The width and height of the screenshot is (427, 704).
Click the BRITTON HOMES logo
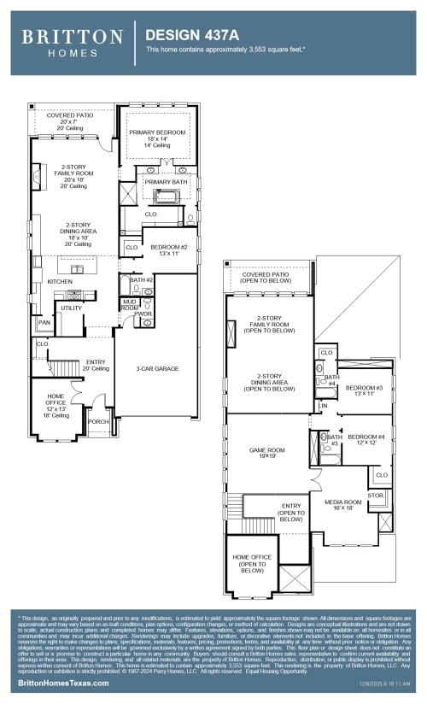tap(72, 42)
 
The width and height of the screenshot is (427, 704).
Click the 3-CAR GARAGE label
tap(157, 368)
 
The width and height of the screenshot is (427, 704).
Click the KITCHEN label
tap(60, 281)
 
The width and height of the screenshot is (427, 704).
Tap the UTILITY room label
tap(71, 308)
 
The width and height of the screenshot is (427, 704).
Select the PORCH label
tap(98, 420)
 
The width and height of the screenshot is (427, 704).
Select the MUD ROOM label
tap(129, 304)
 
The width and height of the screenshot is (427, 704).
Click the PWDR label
tap(143, 314)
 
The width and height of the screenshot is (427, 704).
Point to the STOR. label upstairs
tap(376, 494)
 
